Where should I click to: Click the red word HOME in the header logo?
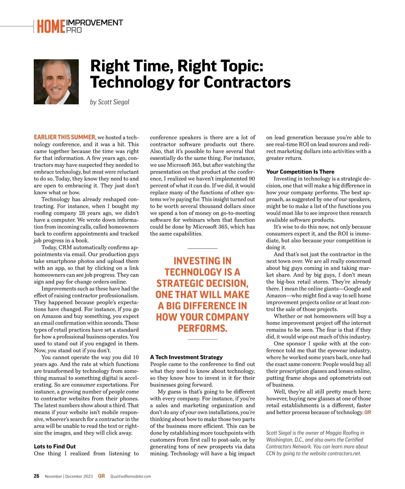pyautogui.click(x=51, y=27)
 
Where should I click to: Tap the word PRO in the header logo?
pyautogui.click(x=74, y=30)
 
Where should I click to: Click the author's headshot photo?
pyautogui.click(x=56, y=82)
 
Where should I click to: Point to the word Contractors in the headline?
pyautogui.click(x=247, y=82)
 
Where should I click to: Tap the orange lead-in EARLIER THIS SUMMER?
pyautogui.click(x=64, y=137)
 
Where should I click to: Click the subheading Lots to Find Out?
pyautogui.click(x=55, y=447)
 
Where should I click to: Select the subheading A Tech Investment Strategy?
pyautogui.click(x=186, y=357)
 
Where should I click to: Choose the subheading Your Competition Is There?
pyautogui.click(x=300, y=172)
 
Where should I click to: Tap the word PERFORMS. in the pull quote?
pyautogui.click(x=202, y=328)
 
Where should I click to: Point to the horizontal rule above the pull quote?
pyautogui.click(x=202, y=248)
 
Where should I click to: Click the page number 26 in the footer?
pyautogui.click(x=36, y=476)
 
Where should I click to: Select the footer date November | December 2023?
pyautogui.click(x=69, y=477)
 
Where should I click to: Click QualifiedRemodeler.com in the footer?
pyautogui.click(x=131, y=477)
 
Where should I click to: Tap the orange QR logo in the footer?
pyautogui.click(x=101, y=476)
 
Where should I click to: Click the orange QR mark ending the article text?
pyautogui.click(x=368, y=412)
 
